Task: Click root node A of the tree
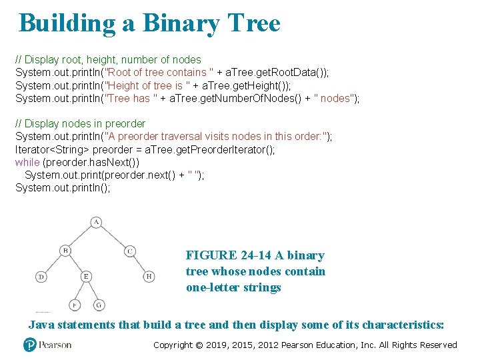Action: pyautogui.click(x=96, y=222)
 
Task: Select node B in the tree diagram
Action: pyautogui.click(x=65, y=251)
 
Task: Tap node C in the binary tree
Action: pyautogui.click(x=130, y=251)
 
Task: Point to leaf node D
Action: pyautogui.click(x=41, y=276)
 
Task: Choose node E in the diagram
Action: pyautogui.click(x=85, y=276)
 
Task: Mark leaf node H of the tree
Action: pyautogui.click(x=149, y=276)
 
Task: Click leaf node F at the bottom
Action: pyautogui.click(x=74, y=305)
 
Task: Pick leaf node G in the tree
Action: pyautogui.click(x=99, y=305)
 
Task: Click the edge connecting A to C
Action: pyautogui.click(x=113, y=237)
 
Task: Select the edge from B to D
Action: pyautogui.click(x=53, y=263)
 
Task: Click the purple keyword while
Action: pyautogui.click(x=27, y=162)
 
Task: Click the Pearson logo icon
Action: pyautogui.click(x=29, y=345)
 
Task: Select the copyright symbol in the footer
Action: pyautogui.click(x=199, y=345)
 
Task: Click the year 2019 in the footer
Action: pyautogui.click(x=218, y=345)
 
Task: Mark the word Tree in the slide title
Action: pyautogui.click(x=253, y=23)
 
